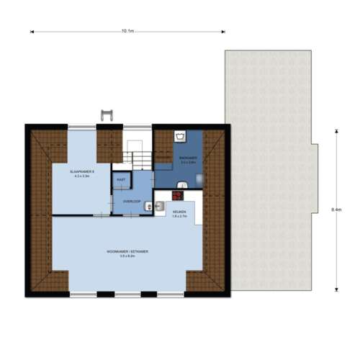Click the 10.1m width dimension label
click(127, 31)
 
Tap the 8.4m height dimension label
click(336, 209)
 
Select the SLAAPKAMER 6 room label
click(83, 172)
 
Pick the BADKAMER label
click(188, 158)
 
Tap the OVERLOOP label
click(131, 201)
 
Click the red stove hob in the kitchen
click(178, 195)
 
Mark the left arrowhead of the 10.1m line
click(31, 31)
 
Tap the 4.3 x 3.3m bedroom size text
click(83, 176)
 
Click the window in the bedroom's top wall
click(82, 127)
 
